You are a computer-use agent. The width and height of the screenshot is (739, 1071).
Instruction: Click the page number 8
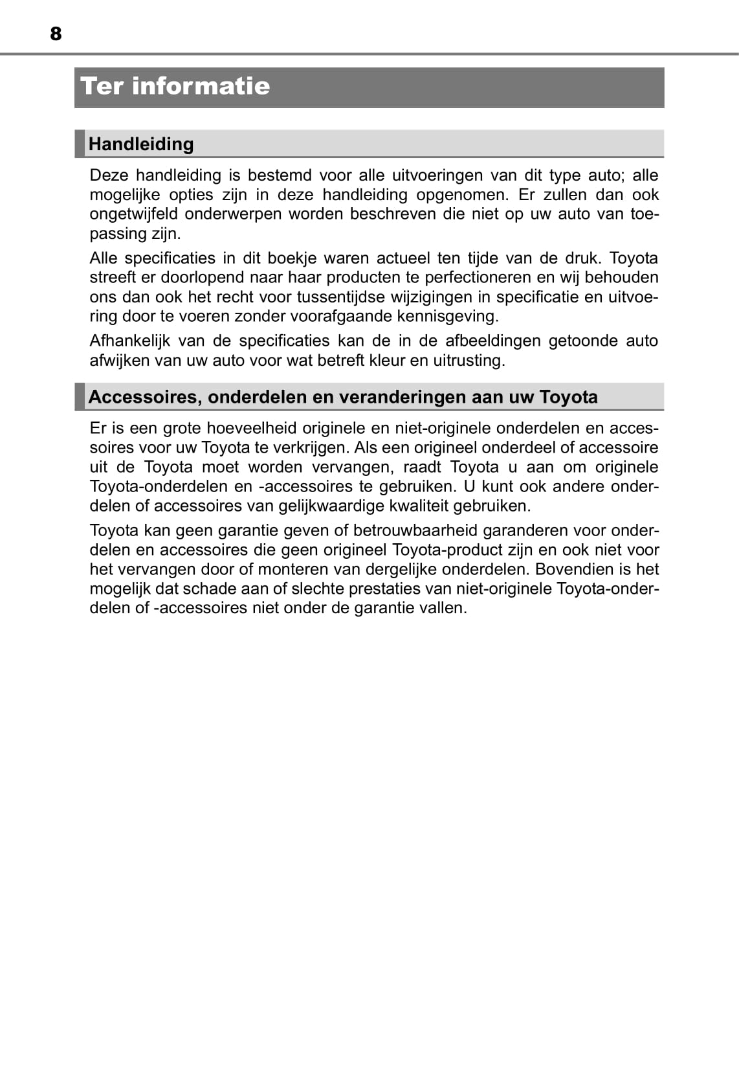tap(56, 34)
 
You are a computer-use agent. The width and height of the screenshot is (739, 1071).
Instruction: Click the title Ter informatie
tap(175, 86)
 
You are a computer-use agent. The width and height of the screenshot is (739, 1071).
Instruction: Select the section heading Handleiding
tap(141, 144)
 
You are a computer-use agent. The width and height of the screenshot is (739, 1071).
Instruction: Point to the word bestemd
tap(279, 175)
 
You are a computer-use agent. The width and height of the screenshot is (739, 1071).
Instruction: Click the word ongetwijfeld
tap(133, 214)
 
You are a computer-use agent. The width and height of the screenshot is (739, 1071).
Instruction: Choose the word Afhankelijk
tap(129, 341)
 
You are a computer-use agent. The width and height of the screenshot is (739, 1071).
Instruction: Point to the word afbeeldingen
tap(492, 341)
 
